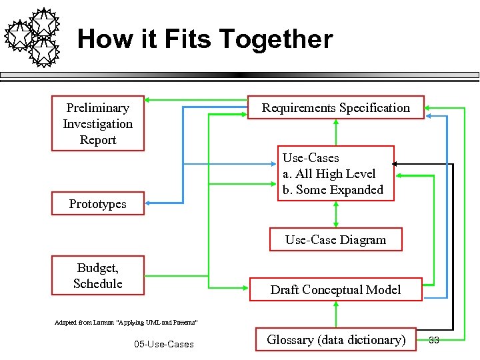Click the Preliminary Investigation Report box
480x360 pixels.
tap(98, 124)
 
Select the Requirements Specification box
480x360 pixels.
tap(335, 108)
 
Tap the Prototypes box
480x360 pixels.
tap(98, 204)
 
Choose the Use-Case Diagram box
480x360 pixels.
tap(335, 240)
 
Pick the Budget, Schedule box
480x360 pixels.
tap(98, 275)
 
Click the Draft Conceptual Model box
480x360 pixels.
tap(335, 289)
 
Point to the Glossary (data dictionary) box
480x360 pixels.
tap(335, 340)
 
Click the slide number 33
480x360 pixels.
tap(433, 340)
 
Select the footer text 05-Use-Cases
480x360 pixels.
tap(163, 344)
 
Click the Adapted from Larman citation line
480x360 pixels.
tap(125, 322)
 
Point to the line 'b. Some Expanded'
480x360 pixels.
tap(333, 190)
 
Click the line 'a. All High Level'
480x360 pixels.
tap(329, 174)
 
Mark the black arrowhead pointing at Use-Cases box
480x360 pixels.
tap(395, 163)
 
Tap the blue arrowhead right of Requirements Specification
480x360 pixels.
tap(429, 116)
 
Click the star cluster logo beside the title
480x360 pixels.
tap(33, 37)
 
